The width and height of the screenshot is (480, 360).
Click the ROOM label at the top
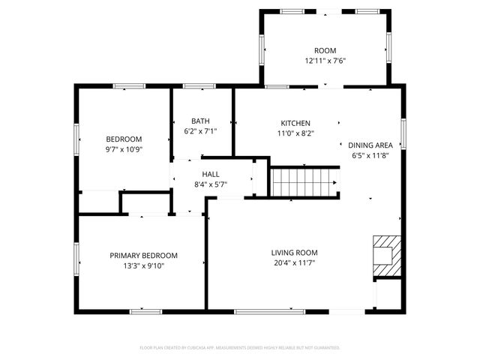tap(325, 50)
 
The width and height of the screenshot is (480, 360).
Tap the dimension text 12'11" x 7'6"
tap(325, 61)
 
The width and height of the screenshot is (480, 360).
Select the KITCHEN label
tap(295, 123)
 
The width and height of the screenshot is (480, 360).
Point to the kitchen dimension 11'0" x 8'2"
tap(295, 133)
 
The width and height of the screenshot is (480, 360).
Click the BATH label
tap(200, 121)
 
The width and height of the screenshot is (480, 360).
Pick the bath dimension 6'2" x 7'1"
tap(200, 131)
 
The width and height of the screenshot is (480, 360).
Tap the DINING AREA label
tap(370, 145)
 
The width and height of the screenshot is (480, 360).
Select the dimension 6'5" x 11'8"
tap(370, 156)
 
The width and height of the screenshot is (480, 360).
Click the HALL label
tap(211, 173)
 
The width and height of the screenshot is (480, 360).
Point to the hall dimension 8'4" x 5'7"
tap(211, 184)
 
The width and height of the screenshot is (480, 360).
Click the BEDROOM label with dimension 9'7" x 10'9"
tap(124, 139)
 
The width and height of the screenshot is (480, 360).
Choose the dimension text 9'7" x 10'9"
tap(124, 149)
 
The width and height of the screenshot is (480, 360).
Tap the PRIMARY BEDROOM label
tap(143, 255)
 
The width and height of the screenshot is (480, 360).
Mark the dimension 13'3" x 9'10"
tap(143, 265)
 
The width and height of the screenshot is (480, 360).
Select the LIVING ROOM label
tap(295, 253)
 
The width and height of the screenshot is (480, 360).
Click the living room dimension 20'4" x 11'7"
tap(295, 263)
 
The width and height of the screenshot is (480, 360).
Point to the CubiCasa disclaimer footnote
tap(240, 348)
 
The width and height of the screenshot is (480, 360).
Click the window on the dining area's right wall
tap(403, 133)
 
